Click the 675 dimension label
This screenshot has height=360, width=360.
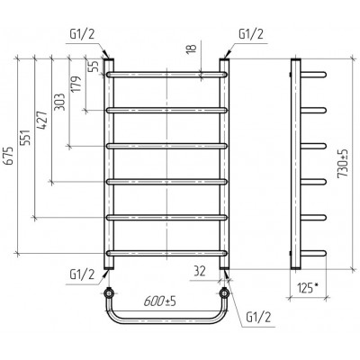coord(9,156)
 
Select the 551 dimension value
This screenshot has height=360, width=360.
coord(26,138)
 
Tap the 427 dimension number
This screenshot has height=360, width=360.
coord(43,120)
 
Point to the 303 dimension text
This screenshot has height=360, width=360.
coord(60,102)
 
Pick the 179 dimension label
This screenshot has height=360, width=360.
coord(76,85)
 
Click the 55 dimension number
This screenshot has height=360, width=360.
coord(94,66)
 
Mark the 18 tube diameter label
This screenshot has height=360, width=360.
coord(191,48)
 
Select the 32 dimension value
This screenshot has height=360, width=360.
coord(199,271)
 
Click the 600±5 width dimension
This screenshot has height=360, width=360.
coord(159,301)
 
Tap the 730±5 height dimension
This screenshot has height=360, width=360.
coord(343,164)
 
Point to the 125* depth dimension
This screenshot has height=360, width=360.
coord(308,288)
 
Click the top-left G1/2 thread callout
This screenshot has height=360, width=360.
coord(82,34)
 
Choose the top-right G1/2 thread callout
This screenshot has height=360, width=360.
coord(251,34)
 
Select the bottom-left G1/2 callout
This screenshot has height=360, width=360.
coord(82,274)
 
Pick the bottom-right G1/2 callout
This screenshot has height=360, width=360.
coord(258,318)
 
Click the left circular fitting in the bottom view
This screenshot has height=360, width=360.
coord(108,293)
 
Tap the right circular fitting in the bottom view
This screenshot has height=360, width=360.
coord(224,293)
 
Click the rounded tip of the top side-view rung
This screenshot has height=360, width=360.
coord(324,75)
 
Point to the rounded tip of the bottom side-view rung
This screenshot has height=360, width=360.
coord(324,254)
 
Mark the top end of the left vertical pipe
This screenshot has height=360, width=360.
coord(109,59)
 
